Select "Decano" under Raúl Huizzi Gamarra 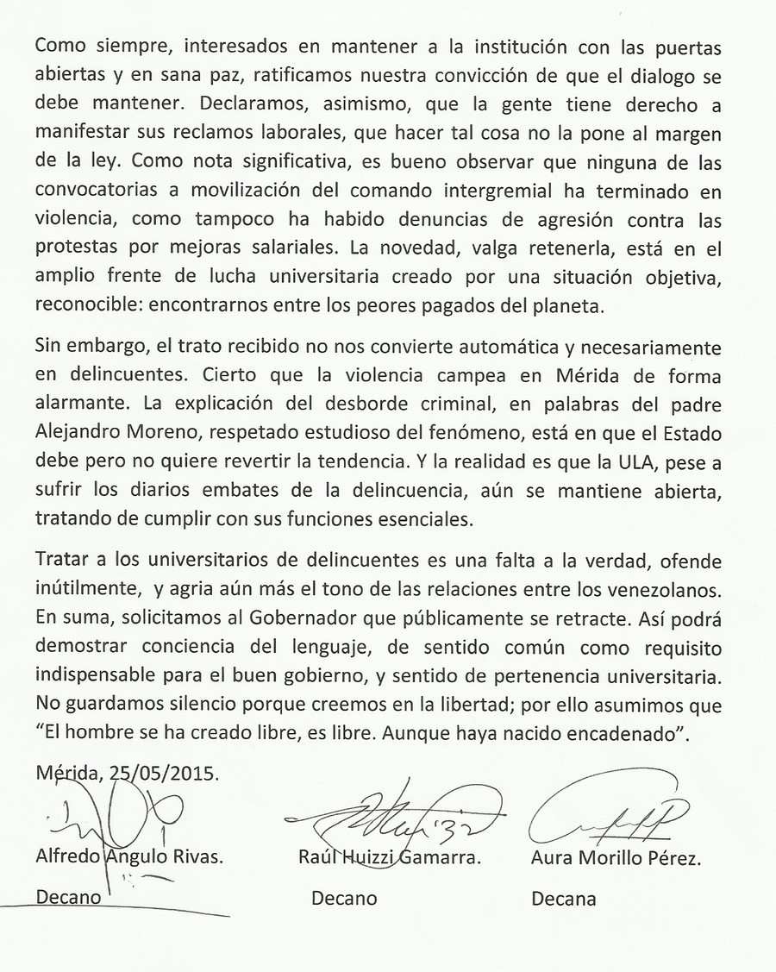pos(344,899)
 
